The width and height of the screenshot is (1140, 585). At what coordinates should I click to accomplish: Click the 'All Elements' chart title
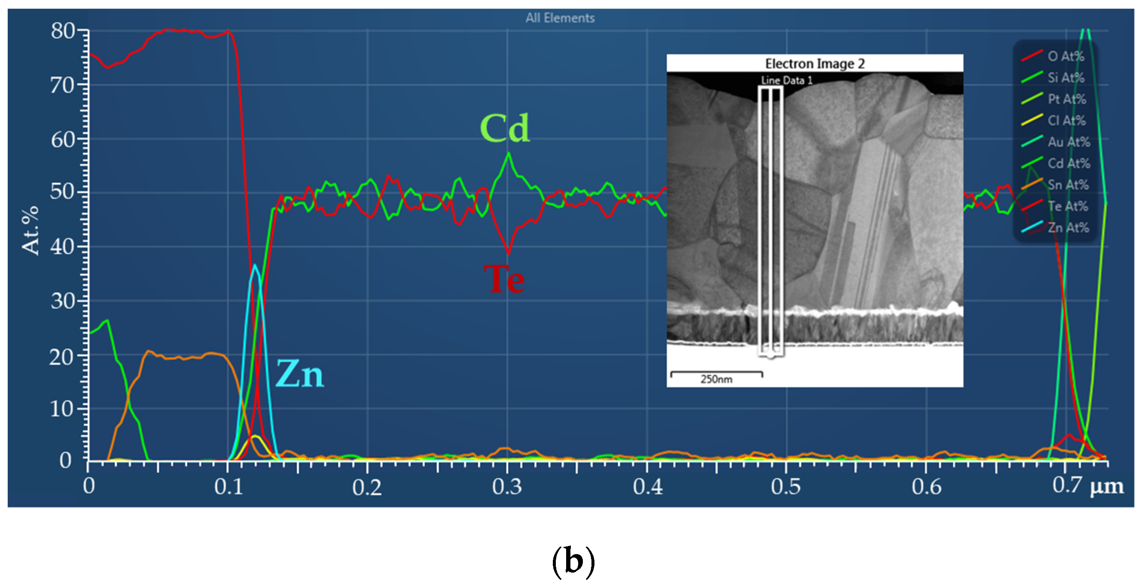point(560,18)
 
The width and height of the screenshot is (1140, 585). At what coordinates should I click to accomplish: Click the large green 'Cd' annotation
point(504,129)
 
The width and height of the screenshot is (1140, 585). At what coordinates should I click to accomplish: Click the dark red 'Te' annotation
point(504,280)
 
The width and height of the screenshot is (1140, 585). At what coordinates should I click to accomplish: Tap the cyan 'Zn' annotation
point(300,374)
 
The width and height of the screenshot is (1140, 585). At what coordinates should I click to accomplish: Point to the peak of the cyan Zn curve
point(255,265)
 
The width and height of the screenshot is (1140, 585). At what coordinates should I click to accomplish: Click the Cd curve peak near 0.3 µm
point(508,154)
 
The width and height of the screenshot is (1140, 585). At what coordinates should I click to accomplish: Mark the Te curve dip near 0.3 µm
point(508,253)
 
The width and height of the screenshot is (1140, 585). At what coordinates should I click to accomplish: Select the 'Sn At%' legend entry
point(1067,185)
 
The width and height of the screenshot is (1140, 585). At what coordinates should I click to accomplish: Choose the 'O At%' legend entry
point(1066,56)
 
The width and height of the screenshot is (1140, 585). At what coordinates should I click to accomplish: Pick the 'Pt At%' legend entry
point(1067,99)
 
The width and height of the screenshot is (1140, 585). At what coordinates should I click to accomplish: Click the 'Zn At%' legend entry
point(1067,228)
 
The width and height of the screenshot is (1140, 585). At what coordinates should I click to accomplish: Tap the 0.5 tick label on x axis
point(785,487)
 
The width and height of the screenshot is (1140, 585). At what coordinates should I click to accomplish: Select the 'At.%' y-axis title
point(30,230)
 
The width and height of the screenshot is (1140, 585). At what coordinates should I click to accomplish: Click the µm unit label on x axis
point(1107,486)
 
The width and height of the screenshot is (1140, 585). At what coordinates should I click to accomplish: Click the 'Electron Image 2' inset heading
point(815,63)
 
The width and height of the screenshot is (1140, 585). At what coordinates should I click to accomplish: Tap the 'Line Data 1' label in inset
point(786,81)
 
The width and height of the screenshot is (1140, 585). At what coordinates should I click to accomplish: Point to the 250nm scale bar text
point(716,380)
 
